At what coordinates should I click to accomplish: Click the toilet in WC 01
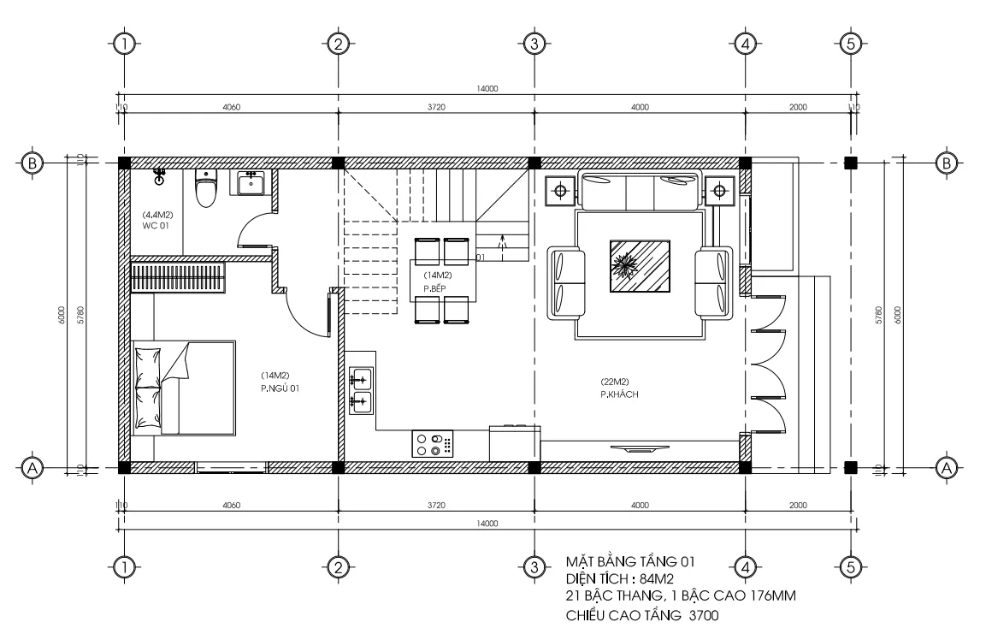(205, 189)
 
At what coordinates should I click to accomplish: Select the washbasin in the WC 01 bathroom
(251, 183)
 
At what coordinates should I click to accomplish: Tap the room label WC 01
(156, 224)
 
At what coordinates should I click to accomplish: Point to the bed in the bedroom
(183, 388)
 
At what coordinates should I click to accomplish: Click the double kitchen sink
(360, 389)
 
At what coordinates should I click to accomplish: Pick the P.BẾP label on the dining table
(437, 288)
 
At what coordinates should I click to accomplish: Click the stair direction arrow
(502, 244)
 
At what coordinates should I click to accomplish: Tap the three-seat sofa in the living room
(641, 192)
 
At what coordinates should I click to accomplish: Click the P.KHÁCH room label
(620, 394)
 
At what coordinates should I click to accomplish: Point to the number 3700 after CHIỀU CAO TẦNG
(700, 614)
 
